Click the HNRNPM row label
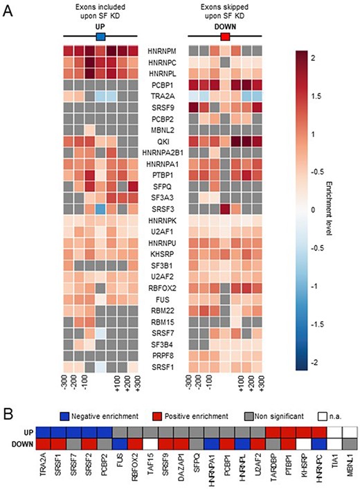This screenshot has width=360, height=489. (162, 52)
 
